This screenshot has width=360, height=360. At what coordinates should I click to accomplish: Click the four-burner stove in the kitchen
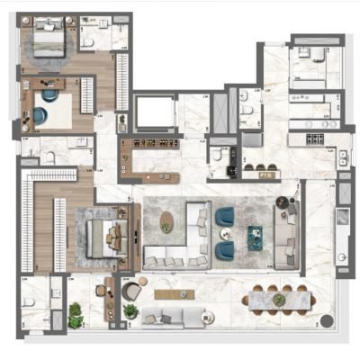point(316,139)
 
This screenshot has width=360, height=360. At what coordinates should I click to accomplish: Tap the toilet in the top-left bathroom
point(87,41)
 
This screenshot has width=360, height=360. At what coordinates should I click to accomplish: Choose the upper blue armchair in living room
point(224,216)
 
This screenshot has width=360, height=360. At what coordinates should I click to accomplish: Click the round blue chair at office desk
point(40,114)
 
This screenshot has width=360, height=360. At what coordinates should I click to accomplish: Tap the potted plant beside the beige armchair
point(130,310)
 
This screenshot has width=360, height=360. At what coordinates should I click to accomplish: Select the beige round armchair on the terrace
point(131,292)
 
